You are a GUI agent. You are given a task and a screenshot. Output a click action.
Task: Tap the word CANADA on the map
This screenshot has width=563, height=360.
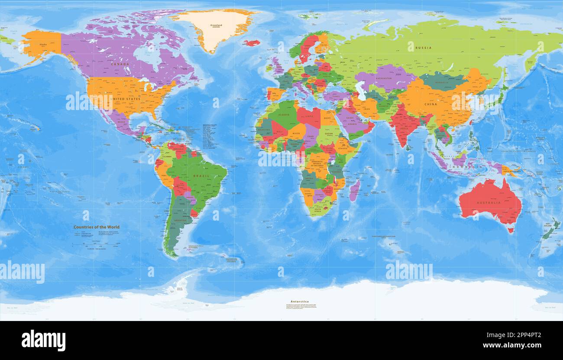120,64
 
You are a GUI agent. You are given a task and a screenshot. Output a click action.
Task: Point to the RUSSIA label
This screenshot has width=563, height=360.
423,48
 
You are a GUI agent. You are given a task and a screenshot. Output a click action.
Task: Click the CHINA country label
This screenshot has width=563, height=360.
430,104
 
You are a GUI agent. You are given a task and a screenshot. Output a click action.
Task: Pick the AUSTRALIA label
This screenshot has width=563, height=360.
489,203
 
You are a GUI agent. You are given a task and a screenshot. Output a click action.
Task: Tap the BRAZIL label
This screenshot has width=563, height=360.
201,176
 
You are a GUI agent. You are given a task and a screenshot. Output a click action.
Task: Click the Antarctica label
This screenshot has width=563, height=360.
300,302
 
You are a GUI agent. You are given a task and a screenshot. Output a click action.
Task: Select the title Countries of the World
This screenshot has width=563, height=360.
96,227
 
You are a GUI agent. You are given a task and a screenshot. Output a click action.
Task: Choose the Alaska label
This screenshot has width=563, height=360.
43,45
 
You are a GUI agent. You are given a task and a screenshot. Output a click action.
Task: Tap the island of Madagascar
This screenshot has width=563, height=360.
354,191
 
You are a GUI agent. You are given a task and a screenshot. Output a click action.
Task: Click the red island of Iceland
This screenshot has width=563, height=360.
251,43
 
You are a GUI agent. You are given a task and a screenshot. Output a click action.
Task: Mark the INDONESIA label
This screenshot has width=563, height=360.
460,167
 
